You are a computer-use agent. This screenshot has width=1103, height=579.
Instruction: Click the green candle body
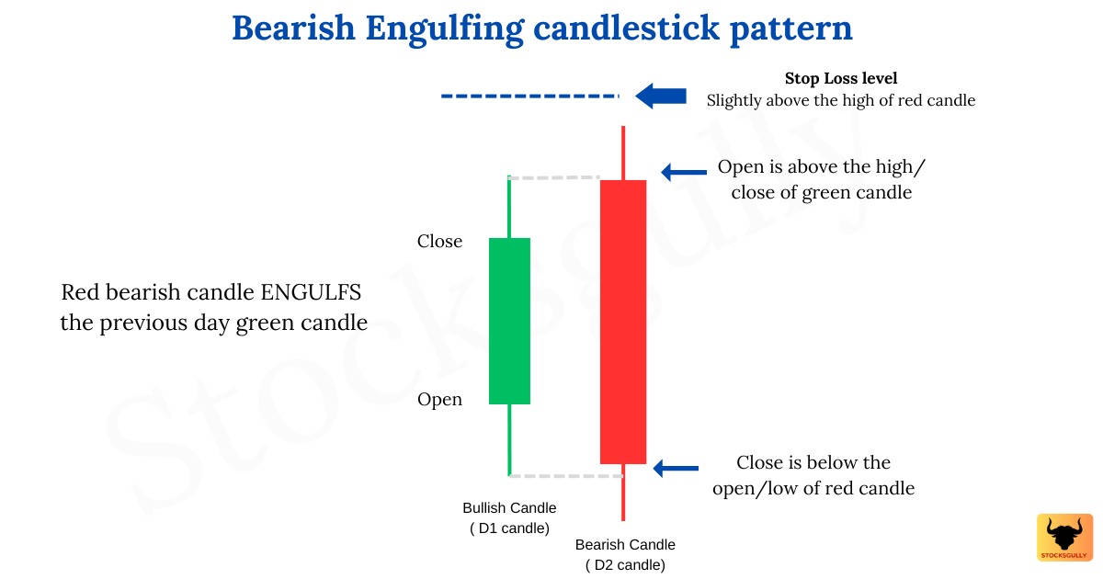click(509, 321)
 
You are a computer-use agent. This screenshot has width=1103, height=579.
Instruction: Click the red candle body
click(623, 322)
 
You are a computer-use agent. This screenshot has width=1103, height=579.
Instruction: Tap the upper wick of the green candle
click(509, 207)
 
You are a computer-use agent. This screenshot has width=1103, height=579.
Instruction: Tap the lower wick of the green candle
click(509, 439)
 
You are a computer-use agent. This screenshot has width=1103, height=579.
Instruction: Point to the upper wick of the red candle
click(623, 153)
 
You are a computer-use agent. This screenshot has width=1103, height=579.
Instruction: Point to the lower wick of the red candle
click(623, 492)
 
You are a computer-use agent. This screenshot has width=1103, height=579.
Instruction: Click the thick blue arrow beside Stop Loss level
click(661, 96)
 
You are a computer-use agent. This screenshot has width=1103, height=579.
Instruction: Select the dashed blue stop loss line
click(529, 96)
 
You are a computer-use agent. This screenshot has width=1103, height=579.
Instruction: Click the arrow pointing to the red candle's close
click(676, 468)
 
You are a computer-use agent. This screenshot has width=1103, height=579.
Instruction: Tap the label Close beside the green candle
click(439, 242)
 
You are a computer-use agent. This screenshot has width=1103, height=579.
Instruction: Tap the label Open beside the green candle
click(439, 400)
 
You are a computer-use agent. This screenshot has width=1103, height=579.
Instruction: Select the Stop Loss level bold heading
click(840, 79)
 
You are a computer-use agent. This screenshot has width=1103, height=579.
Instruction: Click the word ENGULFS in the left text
click(312, 293)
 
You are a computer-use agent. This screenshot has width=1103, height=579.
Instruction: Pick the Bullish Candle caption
click(509, 508)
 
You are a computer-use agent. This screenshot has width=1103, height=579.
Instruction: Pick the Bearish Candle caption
click(625, 545)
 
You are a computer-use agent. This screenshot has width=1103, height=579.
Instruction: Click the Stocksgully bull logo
click(1064, 538)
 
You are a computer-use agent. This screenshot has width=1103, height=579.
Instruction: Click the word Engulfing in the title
click(444, 28)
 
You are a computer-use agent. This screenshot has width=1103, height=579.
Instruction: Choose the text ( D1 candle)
click(509, 528)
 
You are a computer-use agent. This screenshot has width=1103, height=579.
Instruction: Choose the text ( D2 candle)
click(625, 565)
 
